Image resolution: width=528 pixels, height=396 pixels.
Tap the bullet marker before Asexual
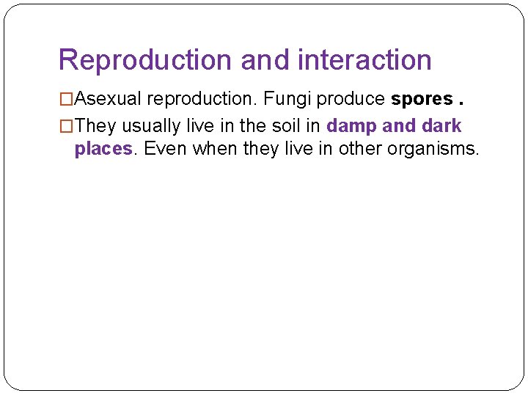[66, 99]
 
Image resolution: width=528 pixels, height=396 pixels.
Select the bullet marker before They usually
[66, 126]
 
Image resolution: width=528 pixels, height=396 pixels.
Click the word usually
[148, 126]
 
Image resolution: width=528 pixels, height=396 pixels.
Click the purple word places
[103, 150]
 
